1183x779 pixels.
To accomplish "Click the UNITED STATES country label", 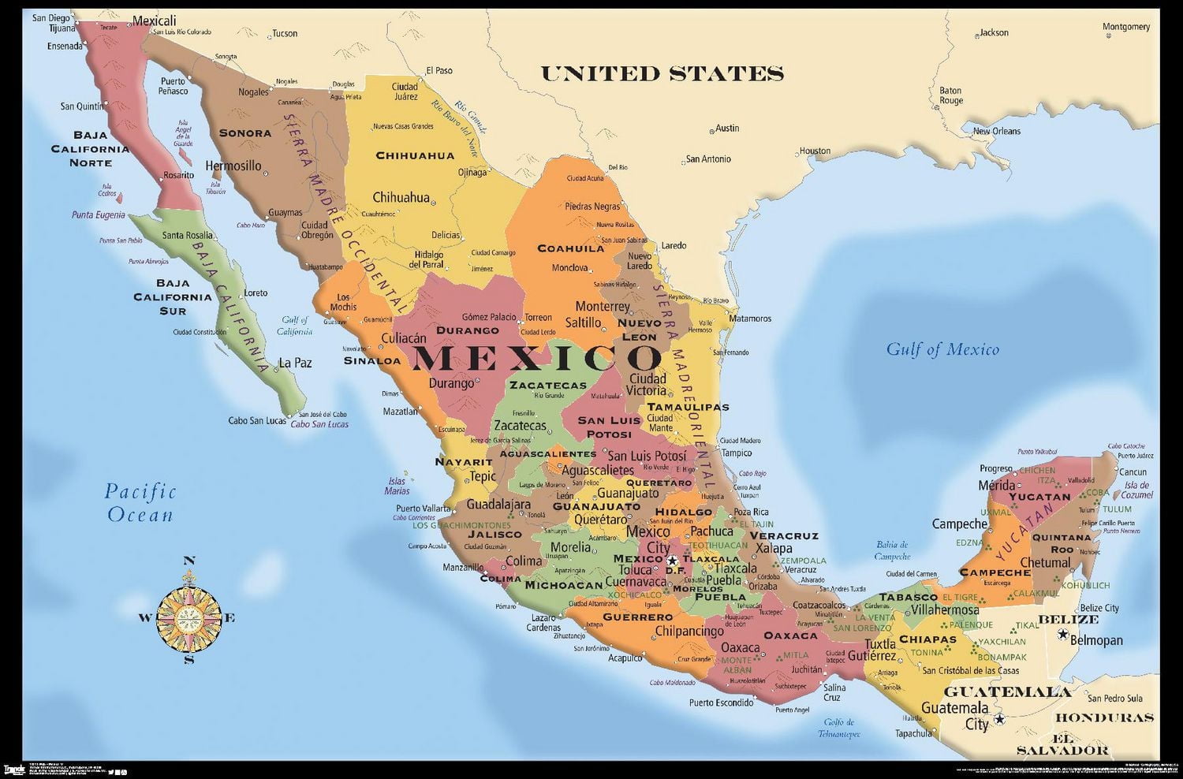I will pyautogui.click(x=662, y=74).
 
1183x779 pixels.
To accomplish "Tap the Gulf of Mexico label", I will pyautogui.click(x=942, y=349).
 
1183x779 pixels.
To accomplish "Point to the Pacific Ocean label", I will pyautogui.click(x=140, y=503).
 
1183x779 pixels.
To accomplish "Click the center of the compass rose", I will pyautogui.click(x=188, y=617).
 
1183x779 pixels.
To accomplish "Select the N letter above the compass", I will pyautogui.click(x=188, y=561).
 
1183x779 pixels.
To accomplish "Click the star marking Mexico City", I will pyautogui.click(x=672, y=561).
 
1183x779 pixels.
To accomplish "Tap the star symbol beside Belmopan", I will pyautogui.click(x=1063, y=635).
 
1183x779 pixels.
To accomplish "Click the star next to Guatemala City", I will pyautogui.click(x=999, y=719).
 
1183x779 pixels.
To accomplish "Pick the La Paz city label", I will pyautogui.click(x=295, y=363).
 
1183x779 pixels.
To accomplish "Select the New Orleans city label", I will pyautogui.click(x=996, y=131).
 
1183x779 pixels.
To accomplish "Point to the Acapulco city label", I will pyautogui.click(x=625, y=657).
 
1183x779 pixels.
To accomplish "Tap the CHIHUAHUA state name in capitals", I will pyautogui.click(x=415, y=155).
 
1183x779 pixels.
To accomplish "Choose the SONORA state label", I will pyautogui.click(x=244, y=133).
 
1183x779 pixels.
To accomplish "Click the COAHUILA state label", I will pyautogui.click(x=571, y=248).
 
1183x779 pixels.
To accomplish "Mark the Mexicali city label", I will pyautogui.click(x=154, y=20).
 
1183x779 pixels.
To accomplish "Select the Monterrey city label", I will pyautogui.click(x=603, y=306).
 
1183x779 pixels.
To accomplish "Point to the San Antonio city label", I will pyautogui.click(x=708, y=158).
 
